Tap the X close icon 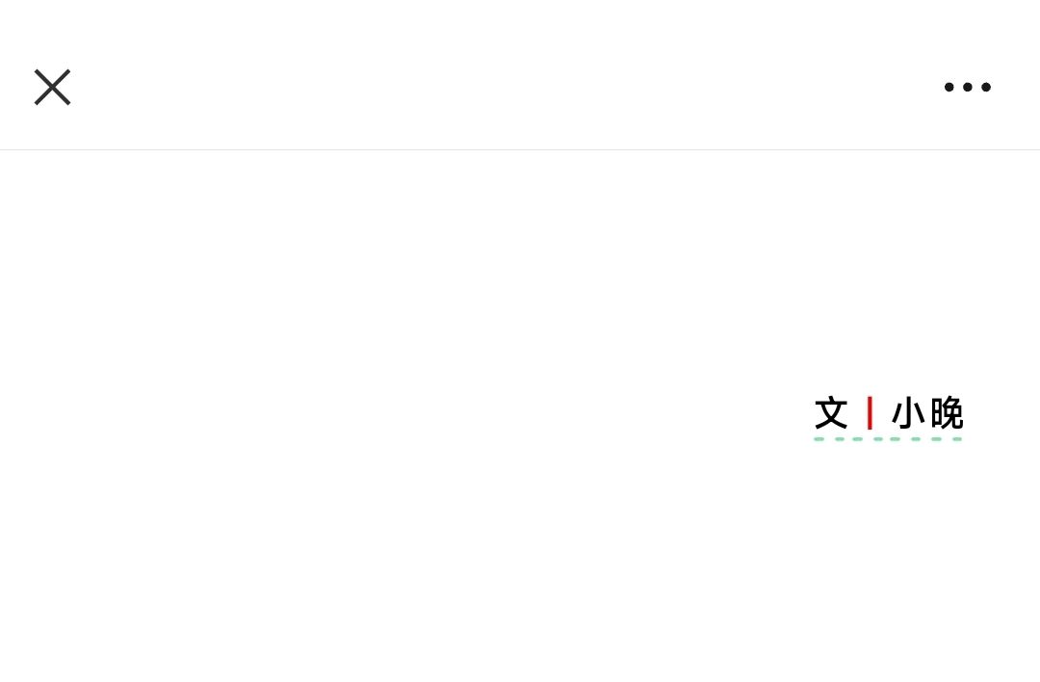click(x=52, y=87)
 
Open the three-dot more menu click(x=968, y=87)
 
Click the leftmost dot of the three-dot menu click(x=949, y=87)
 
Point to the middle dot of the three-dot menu click(x=968, y=87)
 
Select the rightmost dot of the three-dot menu click(x=986, y=87)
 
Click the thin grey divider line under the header click(x=520, y=150)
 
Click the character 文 click(x=831, y=412)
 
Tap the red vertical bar click(x=870, y=412)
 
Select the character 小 click(x=908, y=412)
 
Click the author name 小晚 click(x=927, y=412)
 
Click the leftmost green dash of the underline click(x=819, y=439)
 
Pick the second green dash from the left click(x=840, y=439)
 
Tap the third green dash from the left click(x=858, y=439)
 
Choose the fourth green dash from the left click(x=878, y=439)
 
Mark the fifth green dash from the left click(x=895, y=439)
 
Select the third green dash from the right click(x=916, y=439)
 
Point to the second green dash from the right click(x=937, y=439)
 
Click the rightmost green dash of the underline click(x=957, y=439)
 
